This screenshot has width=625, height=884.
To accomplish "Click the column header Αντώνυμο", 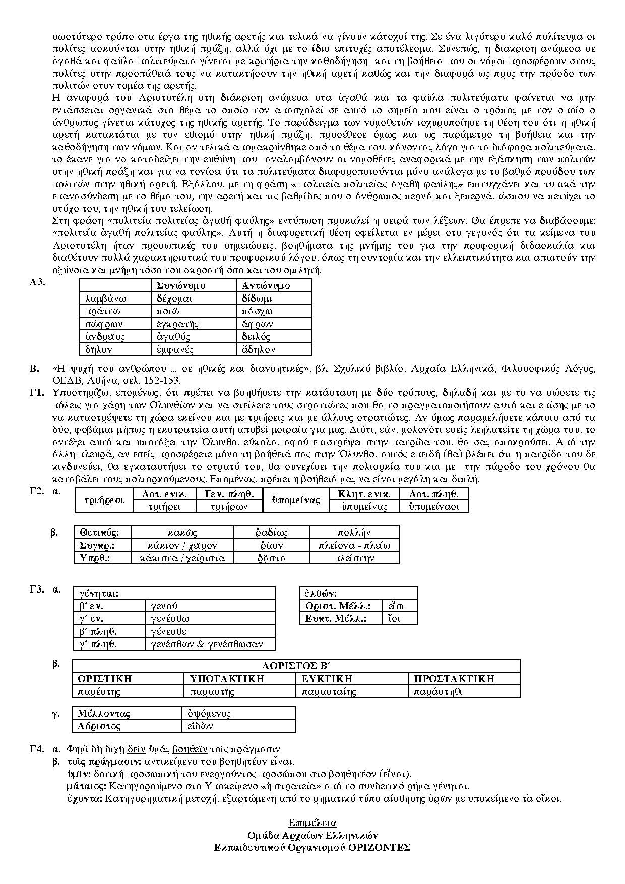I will pyautogui.click(x=266, y=285).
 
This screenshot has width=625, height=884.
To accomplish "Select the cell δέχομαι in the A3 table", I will pyautogui.click(x=174, y=299).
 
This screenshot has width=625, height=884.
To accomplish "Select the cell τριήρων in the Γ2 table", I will pyautogui.click(x=229, y=506).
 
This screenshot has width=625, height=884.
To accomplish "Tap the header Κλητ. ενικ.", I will pyautogui.click(x=364, y=494).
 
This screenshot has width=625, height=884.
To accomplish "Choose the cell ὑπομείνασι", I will pyautogui.click(x=434, y=506).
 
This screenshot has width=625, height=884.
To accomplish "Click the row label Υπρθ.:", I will pyautogui.click(x=95, y=558).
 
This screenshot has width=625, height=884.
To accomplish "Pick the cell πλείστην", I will pyautogui.click(x=354, y=558).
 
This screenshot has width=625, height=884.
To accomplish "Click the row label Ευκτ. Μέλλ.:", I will pyautogui.click(x=336, y=618).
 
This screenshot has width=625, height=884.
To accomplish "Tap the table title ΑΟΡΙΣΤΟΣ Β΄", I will pyautogui.click(x=296, y=665).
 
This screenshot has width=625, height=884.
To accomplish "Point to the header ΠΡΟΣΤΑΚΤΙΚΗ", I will pyautogui.click(x=454, y=679).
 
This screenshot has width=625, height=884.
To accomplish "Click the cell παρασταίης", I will pyautogui.click(x=329, y=691).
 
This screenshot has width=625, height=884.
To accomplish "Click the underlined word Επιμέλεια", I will pyautogui.click(x=312, y=823).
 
